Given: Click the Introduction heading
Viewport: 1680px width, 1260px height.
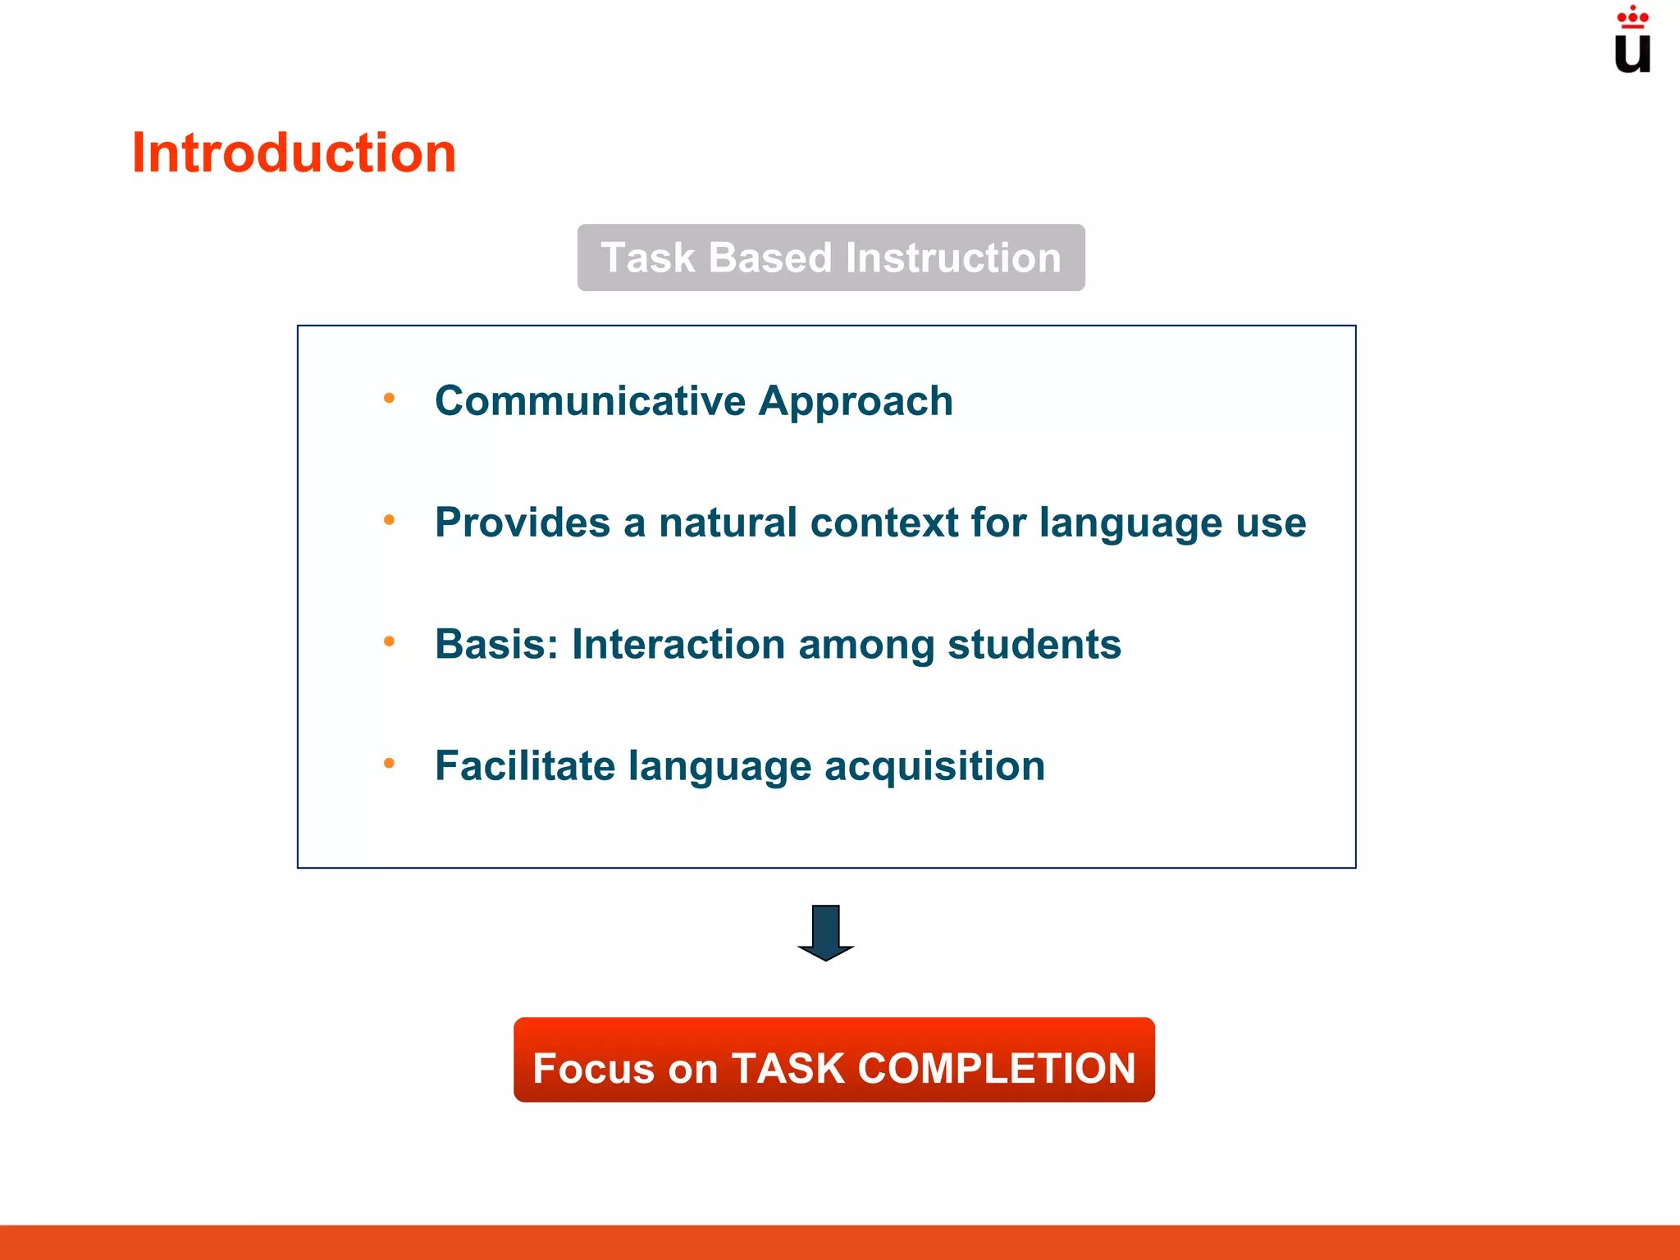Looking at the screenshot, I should tap(294, 153).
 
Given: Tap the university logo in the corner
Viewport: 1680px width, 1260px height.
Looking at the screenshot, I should tap(1632, 41).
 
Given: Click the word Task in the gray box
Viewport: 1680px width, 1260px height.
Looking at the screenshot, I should tap(647, 258).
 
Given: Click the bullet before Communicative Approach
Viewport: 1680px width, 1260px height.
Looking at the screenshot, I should tap(390, 399).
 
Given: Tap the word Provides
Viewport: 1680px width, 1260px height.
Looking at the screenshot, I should tap(523, 523).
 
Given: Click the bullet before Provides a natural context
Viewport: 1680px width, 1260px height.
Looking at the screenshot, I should tap(390, 520).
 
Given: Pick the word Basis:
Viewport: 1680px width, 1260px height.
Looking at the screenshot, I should tap(496, 644).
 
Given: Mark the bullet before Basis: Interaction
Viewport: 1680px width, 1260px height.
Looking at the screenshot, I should tap(390, 641).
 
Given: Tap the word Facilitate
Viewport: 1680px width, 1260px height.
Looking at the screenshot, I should tap(525, 765).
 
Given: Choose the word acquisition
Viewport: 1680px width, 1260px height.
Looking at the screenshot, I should tap(934, 767).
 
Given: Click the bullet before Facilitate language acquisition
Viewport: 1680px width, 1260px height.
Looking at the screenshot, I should tap(390, 764).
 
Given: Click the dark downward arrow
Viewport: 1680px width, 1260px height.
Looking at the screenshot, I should tap(825, 932).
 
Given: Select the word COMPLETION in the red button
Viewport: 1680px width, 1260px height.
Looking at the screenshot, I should tap(997, 1069).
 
